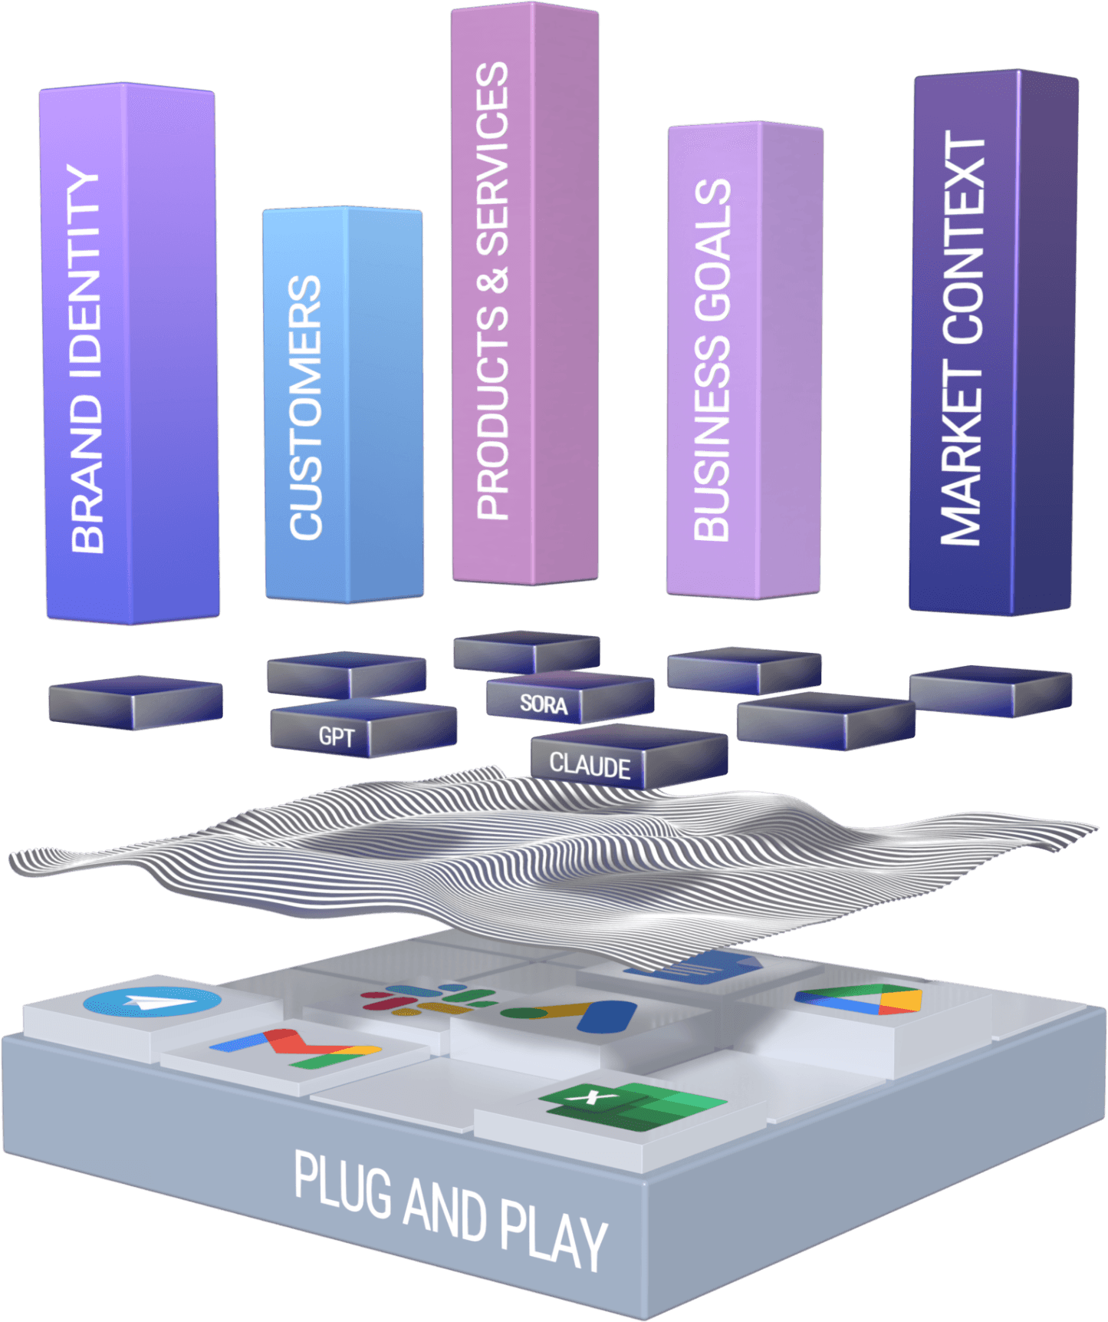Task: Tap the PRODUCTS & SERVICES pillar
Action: click(525, 292)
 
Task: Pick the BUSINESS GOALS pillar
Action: click(744, 361)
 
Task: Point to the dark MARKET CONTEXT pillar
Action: click(993, 341)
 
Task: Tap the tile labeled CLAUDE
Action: click(590, 766)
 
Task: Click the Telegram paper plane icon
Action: click(152, 1002)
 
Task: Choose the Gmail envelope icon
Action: click(295, 1048)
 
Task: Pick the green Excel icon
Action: click(633, 1105)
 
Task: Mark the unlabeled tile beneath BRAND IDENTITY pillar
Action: click(136, 701)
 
